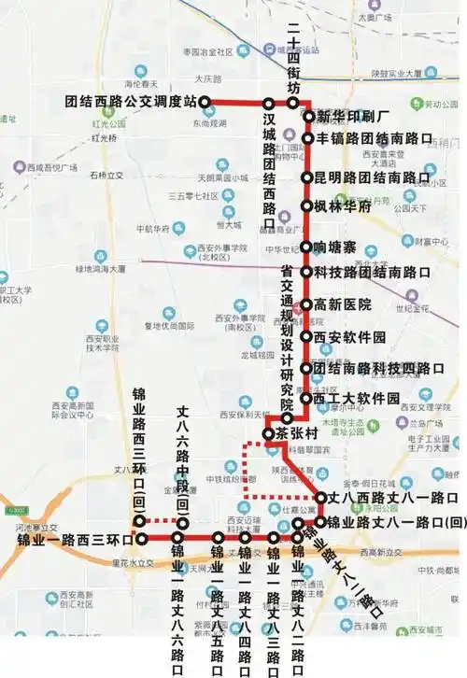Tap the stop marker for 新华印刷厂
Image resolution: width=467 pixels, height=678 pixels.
(308, 117)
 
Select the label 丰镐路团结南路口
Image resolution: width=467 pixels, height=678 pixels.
(374, 138)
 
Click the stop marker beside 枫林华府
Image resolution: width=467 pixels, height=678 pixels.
(306, 206)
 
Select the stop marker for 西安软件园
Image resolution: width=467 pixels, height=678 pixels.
(306, 336)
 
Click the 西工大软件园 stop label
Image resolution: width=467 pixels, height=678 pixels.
(357, 398)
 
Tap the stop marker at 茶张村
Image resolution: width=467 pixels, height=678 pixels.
(269, 434)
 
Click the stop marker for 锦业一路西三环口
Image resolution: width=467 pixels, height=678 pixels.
(141, 539)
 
